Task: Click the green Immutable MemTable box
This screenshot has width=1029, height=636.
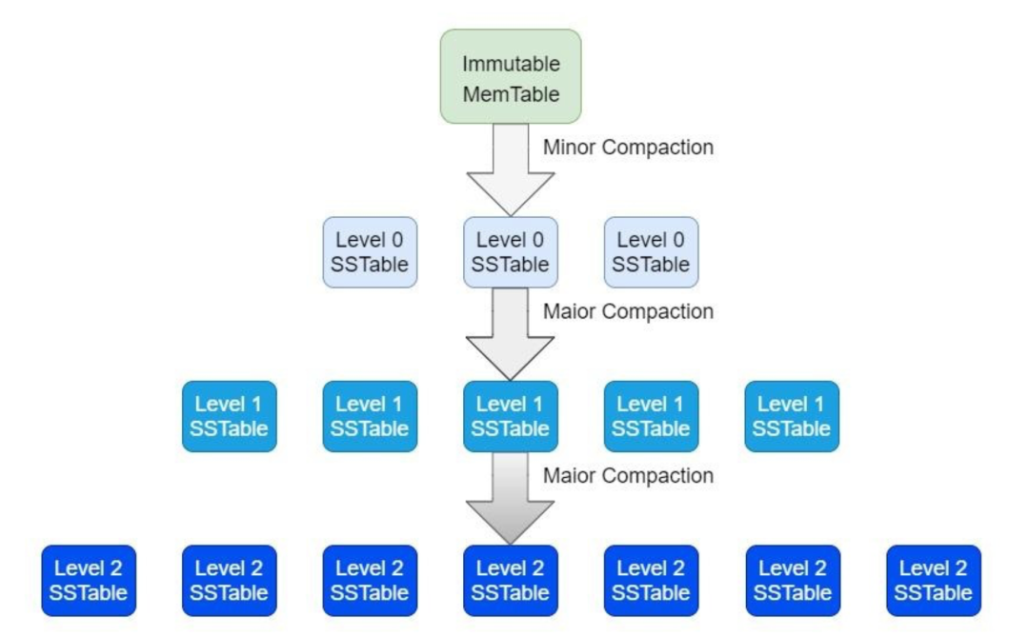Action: point(511,77)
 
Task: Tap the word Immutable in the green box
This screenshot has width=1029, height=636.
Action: point(512,64)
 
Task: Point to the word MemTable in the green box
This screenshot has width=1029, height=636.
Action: point(512,93)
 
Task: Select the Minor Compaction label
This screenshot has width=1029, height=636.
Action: point(628,147)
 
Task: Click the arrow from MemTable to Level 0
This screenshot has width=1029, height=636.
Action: point(511,169)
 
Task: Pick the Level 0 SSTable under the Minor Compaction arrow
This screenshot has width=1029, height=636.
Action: point(511,252)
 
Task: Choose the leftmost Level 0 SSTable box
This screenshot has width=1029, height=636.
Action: point(370,252)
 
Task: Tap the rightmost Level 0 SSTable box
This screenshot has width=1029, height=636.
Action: point(651,252)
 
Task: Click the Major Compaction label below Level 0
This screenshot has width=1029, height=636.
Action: point(628,311)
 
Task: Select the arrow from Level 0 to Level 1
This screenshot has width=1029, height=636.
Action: point(511,334)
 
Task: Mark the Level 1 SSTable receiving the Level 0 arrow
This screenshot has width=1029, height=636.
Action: point(511,416)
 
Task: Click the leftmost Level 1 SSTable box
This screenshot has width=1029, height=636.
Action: point(230,416)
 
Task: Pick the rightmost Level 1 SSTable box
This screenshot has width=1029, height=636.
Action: point(792,416)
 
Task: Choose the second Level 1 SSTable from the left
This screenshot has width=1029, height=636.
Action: point(370,416)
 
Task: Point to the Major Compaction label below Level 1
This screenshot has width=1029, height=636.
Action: point(628,475)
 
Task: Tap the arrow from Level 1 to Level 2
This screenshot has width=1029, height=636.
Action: point(511,498)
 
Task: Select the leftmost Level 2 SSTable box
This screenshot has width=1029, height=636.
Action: point(89,581)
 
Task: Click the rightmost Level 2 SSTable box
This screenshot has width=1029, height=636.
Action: point(934,581)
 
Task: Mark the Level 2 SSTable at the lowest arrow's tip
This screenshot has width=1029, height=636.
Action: point(511,581)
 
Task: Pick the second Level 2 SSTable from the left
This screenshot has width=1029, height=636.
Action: point(230,581)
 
